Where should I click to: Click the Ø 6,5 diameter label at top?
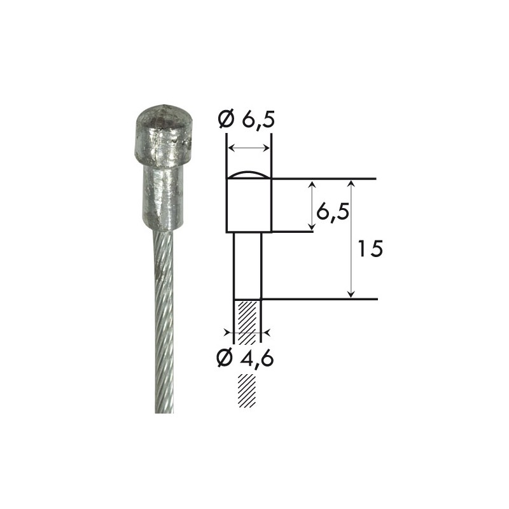point(246,120)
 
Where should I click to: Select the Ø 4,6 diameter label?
point(245,358)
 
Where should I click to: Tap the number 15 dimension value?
point(370,248)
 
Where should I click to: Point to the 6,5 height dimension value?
point(333,212)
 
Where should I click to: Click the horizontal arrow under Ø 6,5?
point(249,148)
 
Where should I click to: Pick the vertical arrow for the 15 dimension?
point(351,239)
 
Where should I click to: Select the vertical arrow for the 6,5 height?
point(312,205)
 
